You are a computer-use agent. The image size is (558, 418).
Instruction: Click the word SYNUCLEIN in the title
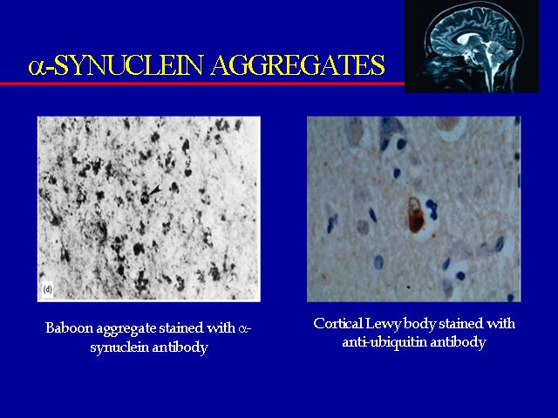128,65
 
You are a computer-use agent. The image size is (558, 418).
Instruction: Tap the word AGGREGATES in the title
298,65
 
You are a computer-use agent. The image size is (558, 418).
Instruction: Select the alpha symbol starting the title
37,67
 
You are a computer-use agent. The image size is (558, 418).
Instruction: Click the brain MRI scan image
472,46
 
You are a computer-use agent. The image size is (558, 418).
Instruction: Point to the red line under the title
202,84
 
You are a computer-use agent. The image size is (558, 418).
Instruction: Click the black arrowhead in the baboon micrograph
155,191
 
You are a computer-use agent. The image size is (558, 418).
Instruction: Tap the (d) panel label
47,290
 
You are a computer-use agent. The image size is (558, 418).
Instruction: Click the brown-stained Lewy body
416,215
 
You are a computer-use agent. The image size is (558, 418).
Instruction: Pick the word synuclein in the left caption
119,347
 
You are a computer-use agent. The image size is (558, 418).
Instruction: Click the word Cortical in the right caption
338,324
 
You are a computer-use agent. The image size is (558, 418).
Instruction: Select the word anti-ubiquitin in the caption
384,342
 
